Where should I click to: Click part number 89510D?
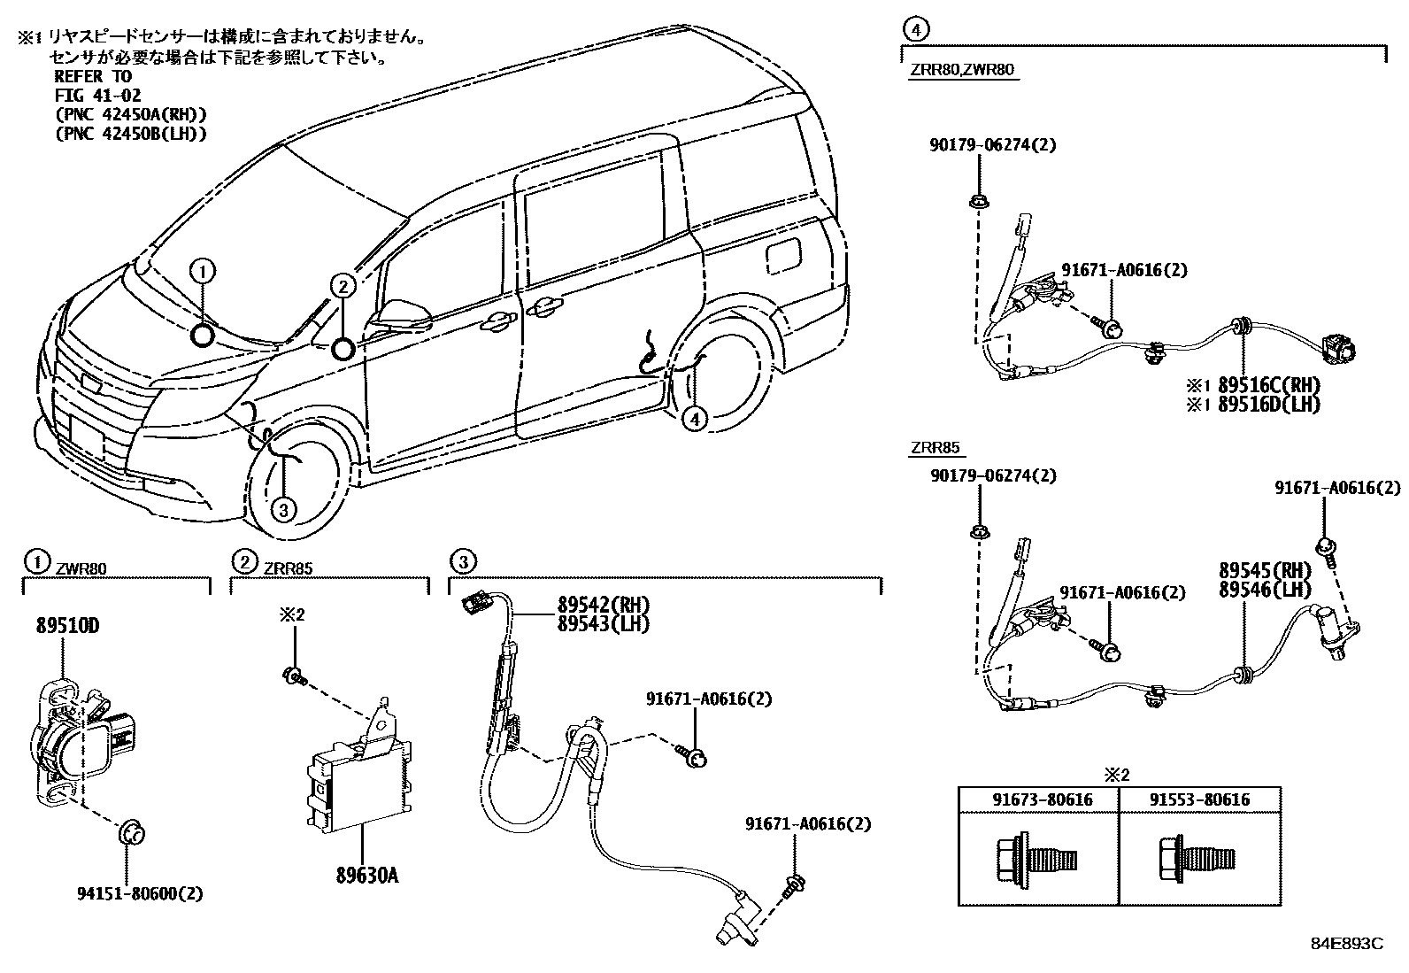coord(67,626)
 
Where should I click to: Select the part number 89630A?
coord(366,876)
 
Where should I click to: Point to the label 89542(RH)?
coord(603,606)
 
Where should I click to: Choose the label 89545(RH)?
coord(1264,572)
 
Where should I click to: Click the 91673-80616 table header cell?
coord(1042,800)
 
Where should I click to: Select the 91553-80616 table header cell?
coord(1199,800)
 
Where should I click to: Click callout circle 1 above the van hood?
coord(202,271)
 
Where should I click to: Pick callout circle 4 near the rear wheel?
coord(695,419)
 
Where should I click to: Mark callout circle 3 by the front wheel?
coord(282,509)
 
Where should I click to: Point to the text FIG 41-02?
coord(97,95)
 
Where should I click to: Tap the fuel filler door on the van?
coord(782,255)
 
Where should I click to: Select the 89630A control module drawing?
coord(358,779)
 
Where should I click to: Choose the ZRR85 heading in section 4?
coord(934,449)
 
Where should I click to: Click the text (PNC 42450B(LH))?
coord(130,134)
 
